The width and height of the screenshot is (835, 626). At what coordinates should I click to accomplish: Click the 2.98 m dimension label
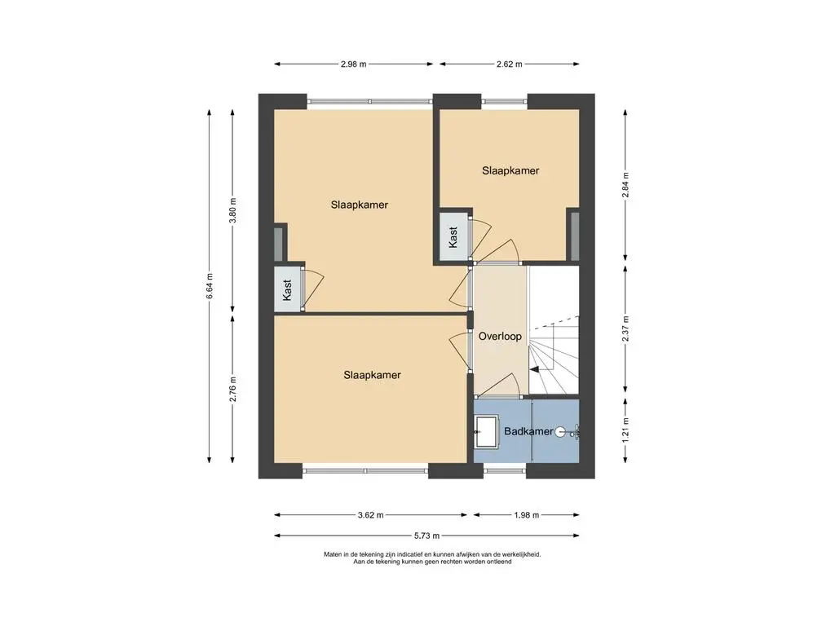coord(354,64)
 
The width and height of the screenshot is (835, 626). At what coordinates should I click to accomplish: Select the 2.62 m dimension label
coord(509,64)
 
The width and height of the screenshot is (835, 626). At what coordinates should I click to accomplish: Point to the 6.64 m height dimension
coord(210,286)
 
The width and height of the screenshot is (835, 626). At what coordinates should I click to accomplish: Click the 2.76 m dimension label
coord(232,389)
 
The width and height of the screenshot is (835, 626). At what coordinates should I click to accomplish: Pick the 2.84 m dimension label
coord(625,185)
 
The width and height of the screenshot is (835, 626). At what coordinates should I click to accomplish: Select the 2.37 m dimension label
coord(625,329)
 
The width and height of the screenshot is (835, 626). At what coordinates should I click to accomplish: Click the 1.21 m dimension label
coord(625,429)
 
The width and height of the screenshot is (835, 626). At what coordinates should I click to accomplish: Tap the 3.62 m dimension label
coord(371,515)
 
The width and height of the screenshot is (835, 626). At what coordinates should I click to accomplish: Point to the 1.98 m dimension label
coord(526,515)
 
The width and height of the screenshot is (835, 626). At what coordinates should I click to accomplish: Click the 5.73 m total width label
coord(426,536)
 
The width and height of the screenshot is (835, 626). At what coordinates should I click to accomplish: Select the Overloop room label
coord(500,337)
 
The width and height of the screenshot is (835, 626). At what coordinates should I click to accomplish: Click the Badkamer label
coord(528,431)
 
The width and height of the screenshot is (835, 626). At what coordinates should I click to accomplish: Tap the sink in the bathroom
coord(486,432)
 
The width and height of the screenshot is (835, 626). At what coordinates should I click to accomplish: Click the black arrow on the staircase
coord(534,368)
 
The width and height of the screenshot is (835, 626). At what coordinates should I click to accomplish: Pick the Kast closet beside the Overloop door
coord(453,237)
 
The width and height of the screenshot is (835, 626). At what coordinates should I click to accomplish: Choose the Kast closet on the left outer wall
coord(288,289)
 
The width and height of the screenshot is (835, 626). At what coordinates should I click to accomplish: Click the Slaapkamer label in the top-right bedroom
coord(510,171)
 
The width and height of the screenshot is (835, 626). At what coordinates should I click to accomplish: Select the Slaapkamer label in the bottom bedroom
coord(372,375)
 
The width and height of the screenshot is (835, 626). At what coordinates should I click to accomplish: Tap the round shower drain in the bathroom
coord(559,432)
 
